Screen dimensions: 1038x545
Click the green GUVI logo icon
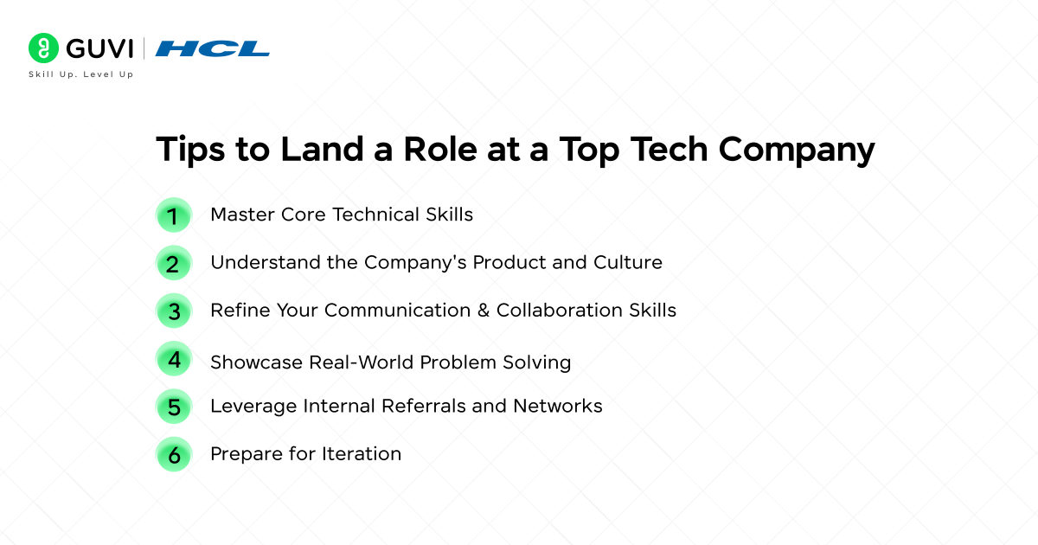point(43,48)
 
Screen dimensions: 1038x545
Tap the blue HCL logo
point(213,48)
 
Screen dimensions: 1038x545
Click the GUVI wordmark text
point(99,48)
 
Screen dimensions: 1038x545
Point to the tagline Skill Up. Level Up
point(81,74)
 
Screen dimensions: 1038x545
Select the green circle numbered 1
point(174,215)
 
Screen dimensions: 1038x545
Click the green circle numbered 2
point(174,263)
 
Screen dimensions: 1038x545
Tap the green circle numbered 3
point(174,311)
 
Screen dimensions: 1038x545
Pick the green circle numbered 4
point(174,359)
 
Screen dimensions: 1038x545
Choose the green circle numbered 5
point(174,407)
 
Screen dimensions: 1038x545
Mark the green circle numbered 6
point(174,455)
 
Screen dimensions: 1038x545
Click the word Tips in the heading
point(190,150)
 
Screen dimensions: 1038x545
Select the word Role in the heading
point(440,149)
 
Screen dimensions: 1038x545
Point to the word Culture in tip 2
point(628,262)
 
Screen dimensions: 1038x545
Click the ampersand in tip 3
point(484,310)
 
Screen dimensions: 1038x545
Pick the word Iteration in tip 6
point(362,453)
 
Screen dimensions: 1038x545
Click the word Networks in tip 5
point(558,406)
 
